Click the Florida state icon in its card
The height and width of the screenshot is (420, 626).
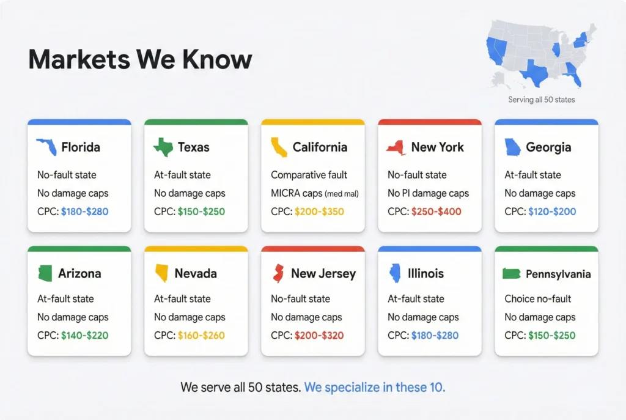pos(46,147)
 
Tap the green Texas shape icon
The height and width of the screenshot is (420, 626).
pos(163,147)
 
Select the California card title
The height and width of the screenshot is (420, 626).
pos(320,147)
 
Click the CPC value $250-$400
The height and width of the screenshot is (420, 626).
pos(436,212)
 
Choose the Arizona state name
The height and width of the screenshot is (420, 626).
pos(79,274)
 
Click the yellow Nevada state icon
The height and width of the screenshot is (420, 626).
pos(162,273)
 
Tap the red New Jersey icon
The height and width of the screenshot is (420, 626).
pos(278,273)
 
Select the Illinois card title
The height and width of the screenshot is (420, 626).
pos(425,274)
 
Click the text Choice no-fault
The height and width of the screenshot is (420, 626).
pos(538,299)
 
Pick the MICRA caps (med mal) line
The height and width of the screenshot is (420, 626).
pos(314,193)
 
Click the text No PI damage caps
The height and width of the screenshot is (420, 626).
pos(428,193)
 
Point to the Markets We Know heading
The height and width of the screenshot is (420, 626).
pos(140,60)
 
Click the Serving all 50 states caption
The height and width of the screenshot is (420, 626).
pos(541,99)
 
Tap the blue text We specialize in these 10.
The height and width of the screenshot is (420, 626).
pos(375,387)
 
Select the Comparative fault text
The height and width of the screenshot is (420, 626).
pos(309,175)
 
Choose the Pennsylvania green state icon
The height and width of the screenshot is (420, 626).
pos(511,274)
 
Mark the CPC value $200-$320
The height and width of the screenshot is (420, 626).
pos(319,336)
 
